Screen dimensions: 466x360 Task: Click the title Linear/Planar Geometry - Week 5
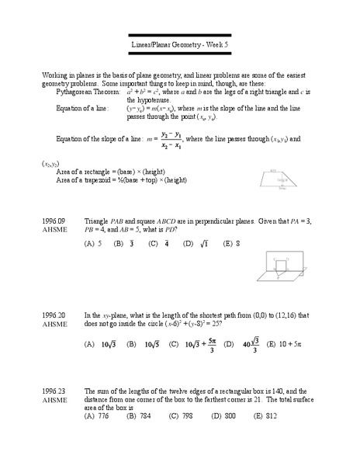179,45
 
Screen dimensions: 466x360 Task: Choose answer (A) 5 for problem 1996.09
93,243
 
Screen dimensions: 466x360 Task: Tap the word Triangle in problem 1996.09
96,221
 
